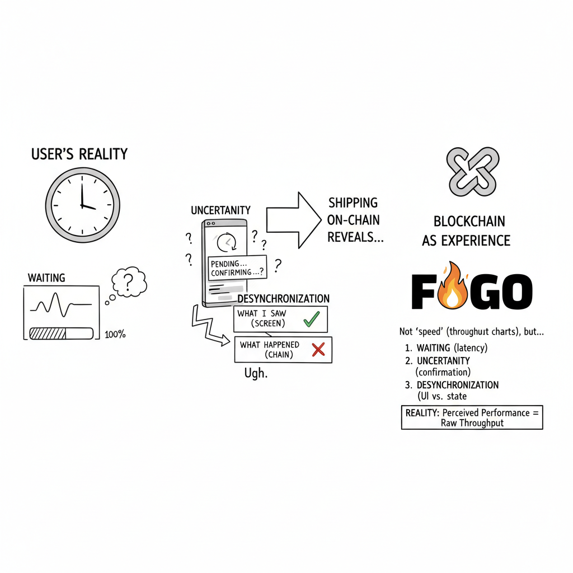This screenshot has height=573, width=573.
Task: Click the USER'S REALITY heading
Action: point(79,154)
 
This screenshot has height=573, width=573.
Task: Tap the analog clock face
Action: point(82,203)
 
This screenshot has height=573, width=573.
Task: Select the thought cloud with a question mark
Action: point(129,283)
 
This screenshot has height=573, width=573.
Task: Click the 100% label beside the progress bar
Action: point(115,335)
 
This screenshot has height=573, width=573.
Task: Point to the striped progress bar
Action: point(61,334)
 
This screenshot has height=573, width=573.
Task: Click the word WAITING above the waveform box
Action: point(46,278)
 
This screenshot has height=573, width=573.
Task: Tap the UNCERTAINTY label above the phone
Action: point(220,210)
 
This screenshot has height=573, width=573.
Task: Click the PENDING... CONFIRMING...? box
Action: point(237,267)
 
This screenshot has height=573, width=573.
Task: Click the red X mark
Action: point(318,350)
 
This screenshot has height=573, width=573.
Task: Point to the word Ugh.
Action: point(256,373)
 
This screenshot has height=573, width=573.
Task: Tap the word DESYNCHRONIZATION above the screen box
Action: point(283,299)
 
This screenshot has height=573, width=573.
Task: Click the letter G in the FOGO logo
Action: point(483,292)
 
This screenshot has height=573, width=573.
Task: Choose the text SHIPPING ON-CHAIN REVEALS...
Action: point(355,219)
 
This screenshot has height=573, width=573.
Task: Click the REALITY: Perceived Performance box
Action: point(472,417)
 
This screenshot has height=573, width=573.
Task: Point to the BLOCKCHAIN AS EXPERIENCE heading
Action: point(466,231)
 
